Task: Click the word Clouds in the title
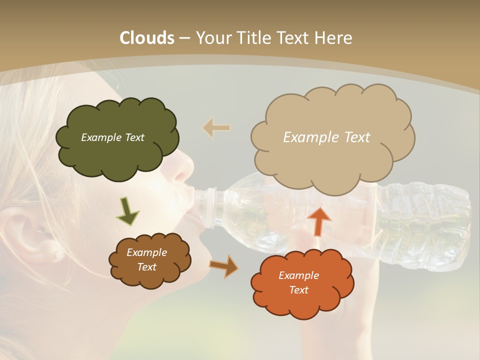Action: tap(147, 38)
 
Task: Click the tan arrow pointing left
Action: tap(216, 128)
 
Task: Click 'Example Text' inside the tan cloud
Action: tap(326, 137)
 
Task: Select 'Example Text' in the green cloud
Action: tap(112, 137)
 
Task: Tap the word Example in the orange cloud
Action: tap(298, 275)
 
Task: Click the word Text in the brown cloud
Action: tap(147, 267)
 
